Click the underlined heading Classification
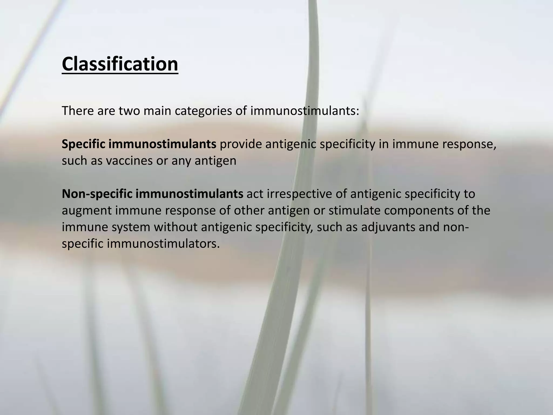click(x=120, y=64)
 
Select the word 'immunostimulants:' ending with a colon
click(x=305, y=111)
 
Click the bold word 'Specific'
click(x=83, y=144)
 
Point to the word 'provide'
click(x=241, y=144)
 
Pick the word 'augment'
click(x=86, y=210)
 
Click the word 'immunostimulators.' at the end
click(x=163, y=244)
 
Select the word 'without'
click(x=176, y=227)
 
